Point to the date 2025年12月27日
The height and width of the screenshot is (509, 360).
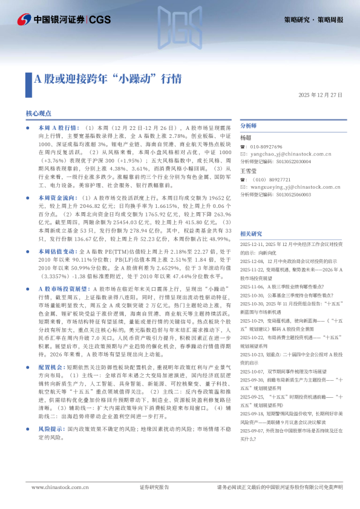point(320,96)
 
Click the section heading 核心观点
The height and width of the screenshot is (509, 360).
point(39,113)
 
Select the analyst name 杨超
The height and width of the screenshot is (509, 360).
point(246,138)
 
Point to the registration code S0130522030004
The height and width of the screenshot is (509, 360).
point(286,162)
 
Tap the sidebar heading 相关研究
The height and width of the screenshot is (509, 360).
point(251,233)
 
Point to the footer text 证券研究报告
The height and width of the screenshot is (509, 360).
point(154,487)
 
